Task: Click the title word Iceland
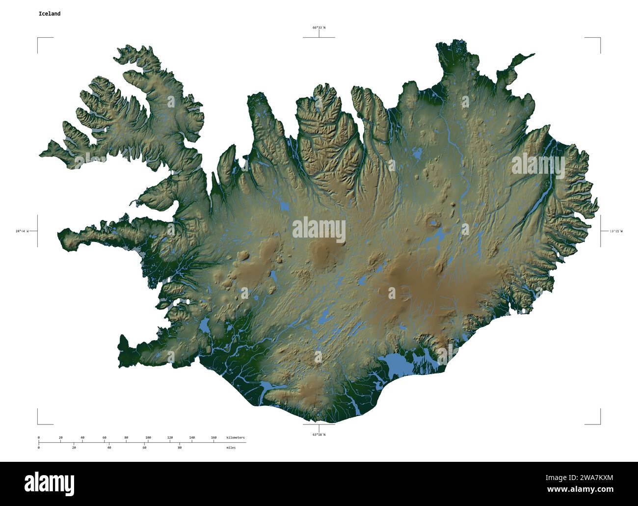click(50, 14)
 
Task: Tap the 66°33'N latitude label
click(319, 28)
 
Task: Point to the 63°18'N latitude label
click(319, 434)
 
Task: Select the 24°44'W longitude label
click(22, 231)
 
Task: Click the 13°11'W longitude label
click(615, 231)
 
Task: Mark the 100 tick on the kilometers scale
click(148, 437)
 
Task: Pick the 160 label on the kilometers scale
click(213, 437)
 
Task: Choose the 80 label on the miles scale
click(180, 448)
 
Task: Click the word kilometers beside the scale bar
click(236, 437)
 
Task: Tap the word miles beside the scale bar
click(231, 448)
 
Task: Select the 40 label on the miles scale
click(109, 448)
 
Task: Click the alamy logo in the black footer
click(49, 483)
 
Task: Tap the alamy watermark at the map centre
click(319, 231)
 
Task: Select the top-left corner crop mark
click(38, 38)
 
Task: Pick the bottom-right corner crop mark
click(599, 424)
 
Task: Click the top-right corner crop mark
click(599, 38)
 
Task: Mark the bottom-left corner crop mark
click(38, 424)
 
